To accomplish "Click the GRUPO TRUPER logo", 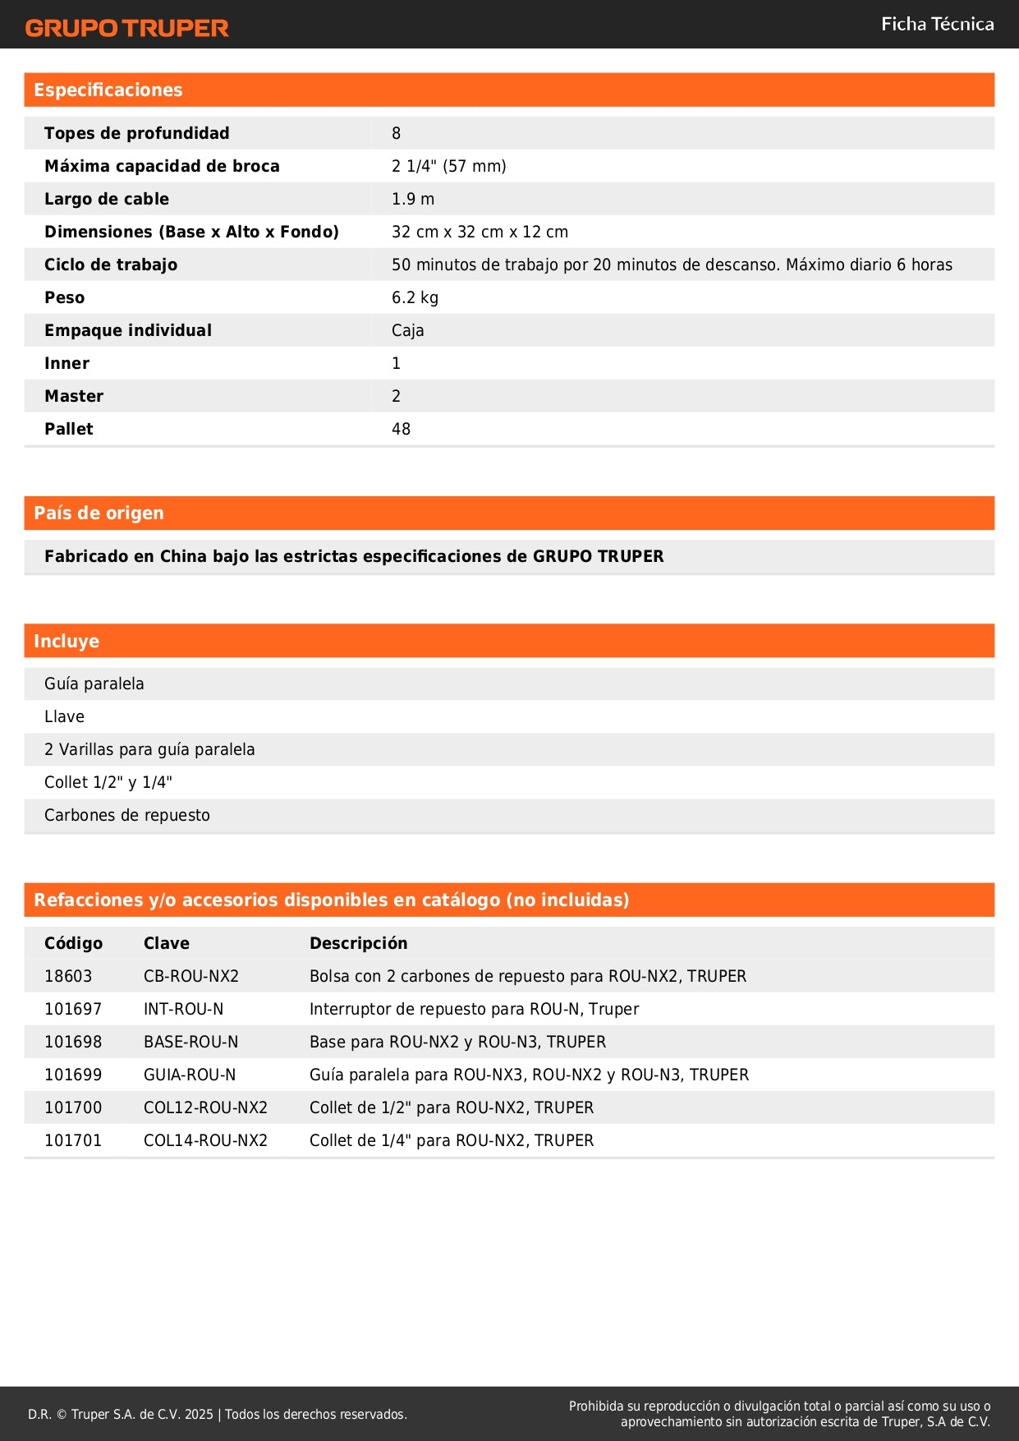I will (126, 28).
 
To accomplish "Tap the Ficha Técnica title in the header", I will (937, 24).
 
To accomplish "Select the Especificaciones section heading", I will (108, 90).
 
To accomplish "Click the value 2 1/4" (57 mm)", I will (448, 166).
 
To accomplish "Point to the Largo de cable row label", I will (107, 199).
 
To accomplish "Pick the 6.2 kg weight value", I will (415, 297).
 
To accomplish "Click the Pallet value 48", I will (401, 429).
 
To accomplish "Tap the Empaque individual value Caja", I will (407, 330).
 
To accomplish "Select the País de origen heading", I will (99, 513).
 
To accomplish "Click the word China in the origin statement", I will (183, 556).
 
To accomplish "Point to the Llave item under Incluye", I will (64, 716).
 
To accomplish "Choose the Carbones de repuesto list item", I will (127, 815).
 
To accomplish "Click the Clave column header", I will (167, 943).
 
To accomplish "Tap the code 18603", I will (68, 976).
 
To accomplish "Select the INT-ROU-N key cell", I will (183, 1009).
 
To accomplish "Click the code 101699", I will (73, 1075).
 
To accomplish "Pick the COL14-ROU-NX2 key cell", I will (205, 1140).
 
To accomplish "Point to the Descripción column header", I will (358, 943).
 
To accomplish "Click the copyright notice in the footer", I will (218, 1414).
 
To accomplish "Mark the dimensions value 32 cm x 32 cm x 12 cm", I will (480, 232).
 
